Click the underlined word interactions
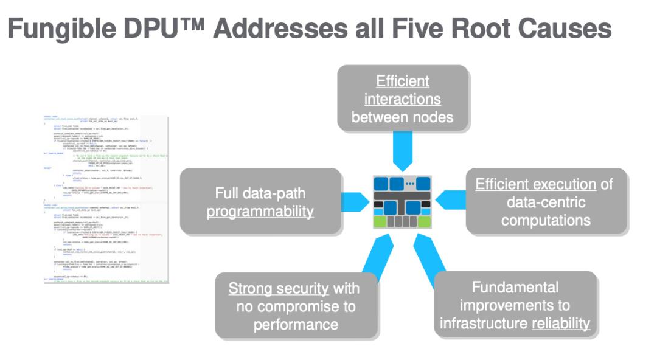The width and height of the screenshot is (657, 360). click(402, 99)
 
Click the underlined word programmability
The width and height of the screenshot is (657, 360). click(260, 212)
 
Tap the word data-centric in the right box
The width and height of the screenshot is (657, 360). click(546, 201)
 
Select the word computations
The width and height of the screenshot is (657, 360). click(546, 220)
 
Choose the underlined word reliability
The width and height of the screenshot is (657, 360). click(561, 323)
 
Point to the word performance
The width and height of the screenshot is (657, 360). click(296, 324)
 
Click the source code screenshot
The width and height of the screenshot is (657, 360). click(106, 198)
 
